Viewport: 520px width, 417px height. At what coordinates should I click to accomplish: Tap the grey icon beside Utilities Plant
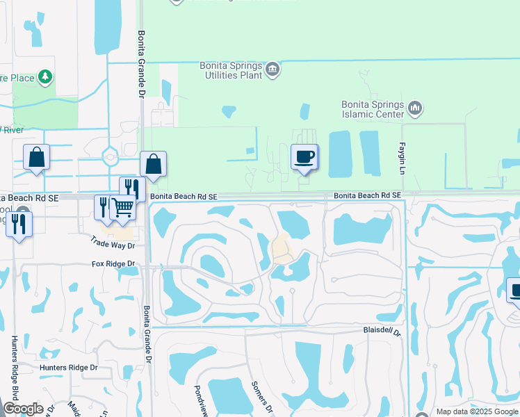(273, 69)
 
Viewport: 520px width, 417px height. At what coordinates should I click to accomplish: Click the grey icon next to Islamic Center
(416, 108)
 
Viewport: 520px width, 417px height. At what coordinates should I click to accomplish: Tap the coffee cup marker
(304, 157)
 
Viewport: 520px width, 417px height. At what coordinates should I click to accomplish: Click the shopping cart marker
(122, 207)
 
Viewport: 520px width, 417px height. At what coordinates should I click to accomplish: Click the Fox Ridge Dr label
(113, 264)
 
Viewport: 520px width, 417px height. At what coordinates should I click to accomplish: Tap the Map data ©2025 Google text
(476, 411)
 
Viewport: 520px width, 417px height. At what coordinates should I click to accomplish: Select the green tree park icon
(45, 76)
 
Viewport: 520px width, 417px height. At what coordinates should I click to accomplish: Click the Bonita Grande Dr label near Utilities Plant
(141, 63)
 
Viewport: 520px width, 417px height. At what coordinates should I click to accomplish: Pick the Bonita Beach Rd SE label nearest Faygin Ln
(367, 196)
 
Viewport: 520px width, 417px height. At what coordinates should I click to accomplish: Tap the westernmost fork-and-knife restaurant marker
(19, 224)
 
